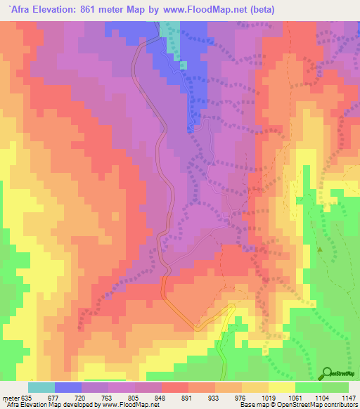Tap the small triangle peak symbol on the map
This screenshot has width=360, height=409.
coord(320,249)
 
